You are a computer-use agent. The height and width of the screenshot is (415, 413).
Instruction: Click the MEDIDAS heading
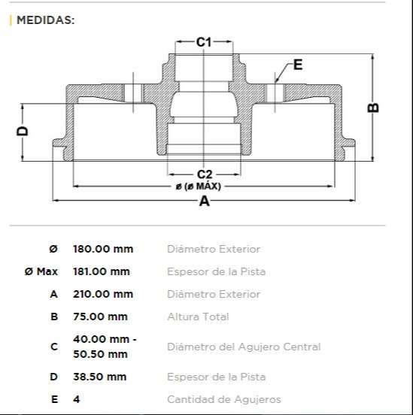[45, 20]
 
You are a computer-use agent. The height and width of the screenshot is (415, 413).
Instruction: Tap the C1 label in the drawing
[204, 43]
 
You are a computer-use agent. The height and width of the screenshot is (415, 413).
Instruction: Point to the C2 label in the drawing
[204, 174]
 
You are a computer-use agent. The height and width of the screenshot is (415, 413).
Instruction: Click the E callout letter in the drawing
[297, 65]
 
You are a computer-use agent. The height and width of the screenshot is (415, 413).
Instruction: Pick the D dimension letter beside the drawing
[23, 131]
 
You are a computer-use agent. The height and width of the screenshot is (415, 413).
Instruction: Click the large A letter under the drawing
[204, 201]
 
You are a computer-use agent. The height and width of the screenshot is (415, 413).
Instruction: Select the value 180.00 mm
[102, 249]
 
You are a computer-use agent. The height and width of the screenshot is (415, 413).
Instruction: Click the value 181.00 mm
[101, 271]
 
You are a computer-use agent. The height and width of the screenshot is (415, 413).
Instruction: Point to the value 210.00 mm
[102, 294]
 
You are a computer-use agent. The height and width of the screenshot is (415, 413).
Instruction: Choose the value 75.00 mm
[99, 317]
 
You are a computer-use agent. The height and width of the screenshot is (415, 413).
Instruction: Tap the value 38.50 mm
[99, 377]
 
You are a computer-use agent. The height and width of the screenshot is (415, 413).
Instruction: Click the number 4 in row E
[76, 399]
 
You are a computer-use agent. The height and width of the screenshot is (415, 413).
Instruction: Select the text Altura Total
[198, 317]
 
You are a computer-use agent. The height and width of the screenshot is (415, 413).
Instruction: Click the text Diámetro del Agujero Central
[244, 347]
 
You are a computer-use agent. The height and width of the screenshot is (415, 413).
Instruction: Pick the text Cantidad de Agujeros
[223, 399]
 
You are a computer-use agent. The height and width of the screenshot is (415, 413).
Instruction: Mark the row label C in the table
[53, 347]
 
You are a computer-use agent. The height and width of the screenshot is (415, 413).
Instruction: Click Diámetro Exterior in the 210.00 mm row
[214, 294]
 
